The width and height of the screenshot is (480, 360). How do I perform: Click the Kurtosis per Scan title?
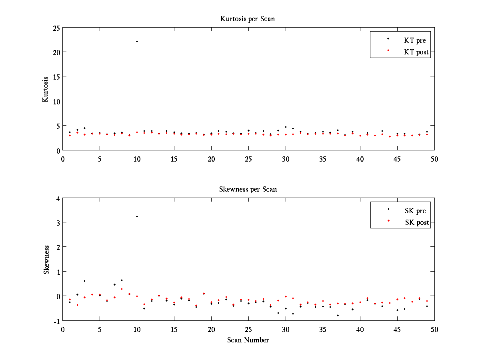[x=248, y=19]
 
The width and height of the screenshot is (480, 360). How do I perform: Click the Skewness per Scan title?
[x=248, y=189]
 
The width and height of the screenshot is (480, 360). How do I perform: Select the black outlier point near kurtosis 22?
[x=137, y=41]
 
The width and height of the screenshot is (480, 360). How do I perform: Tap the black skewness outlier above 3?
[x=137, y=216]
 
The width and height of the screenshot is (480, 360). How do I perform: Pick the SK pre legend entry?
[x=415, y=211]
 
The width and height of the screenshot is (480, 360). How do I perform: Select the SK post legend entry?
[x=416, y=222]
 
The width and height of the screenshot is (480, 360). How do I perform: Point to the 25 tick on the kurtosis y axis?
[x=56, y=28]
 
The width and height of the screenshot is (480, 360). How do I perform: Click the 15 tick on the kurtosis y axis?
[x=56, y=77]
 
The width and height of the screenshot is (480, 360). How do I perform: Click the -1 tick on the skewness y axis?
[x=56, y=321]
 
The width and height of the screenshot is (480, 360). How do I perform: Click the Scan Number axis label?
[x=248, y=340]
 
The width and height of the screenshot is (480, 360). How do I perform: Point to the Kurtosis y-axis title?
[x=46, y=89]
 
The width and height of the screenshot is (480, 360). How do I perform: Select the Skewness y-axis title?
[x=46, y=259]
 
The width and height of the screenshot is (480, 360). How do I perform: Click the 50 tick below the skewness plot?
[x=434, y=329]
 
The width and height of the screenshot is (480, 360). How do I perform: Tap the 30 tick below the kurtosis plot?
[x=286, y=159]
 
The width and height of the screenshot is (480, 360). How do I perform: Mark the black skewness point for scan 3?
[x=85, y=281]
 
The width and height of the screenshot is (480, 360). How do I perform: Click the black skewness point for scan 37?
[x=338, y=315]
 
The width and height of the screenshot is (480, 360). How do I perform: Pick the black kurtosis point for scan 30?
[x=286, y=127]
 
